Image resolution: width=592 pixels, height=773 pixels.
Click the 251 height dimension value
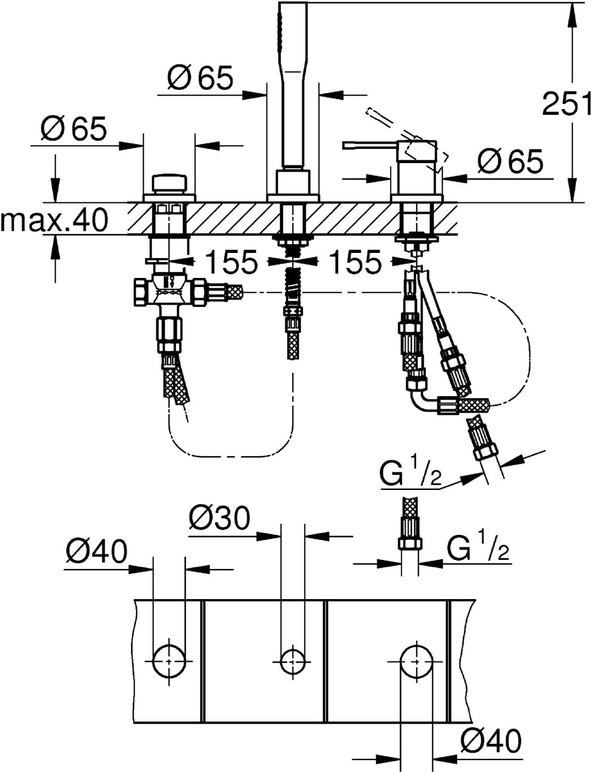tap(567, 103)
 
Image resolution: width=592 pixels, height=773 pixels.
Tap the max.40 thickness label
tap(54, 219)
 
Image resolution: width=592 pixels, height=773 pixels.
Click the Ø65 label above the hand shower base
tap(200, 77)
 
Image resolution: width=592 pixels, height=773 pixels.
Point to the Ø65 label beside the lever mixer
tap(511, 161)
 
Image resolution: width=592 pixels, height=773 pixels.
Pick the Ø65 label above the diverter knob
tap(74, 128)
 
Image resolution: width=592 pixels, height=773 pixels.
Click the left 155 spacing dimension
tap(231, 261)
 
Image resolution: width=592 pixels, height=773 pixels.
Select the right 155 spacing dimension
tap(355, 261)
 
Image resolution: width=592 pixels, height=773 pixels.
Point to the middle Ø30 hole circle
tap(293, 662)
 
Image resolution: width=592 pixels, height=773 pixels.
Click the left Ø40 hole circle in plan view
tap(169, 661)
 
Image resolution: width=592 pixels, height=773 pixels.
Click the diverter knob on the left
tap(169, 183)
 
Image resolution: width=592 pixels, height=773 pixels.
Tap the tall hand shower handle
tap(293, 84)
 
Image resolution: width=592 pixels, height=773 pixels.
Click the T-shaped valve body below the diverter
tap(169, 292)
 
